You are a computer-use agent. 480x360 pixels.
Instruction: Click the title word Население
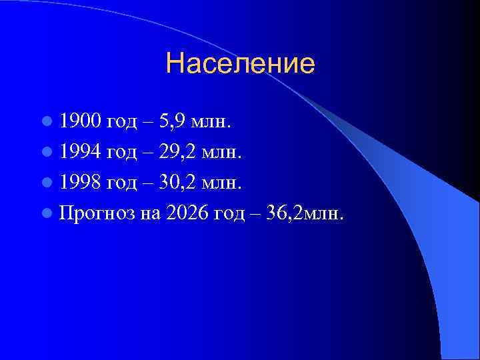(240, 65)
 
